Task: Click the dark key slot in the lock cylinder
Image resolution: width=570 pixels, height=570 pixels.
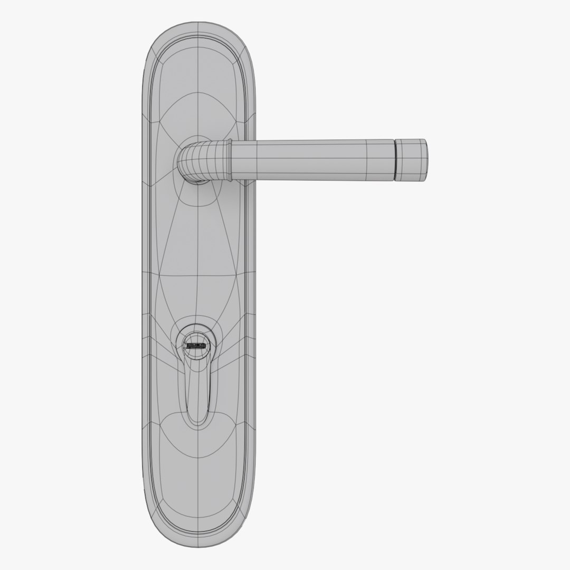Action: pyautogui.click(x=195, y=347)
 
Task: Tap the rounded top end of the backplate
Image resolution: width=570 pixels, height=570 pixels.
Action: pyautogui.click(x=198, y=26)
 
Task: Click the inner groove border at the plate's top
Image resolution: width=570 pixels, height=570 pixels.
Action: pyautogui.click(x=198, y=38)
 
